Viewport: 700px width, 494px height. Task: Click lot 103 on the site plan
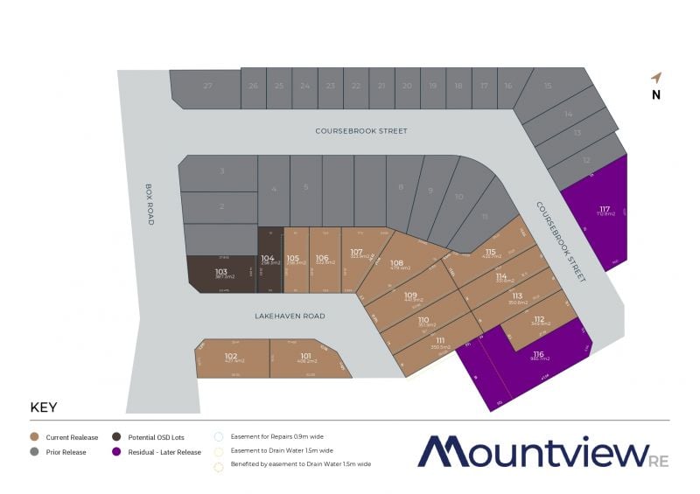tap(220, 274)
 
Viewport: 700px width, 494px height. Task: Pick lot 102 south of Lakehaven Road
tap(231, 358)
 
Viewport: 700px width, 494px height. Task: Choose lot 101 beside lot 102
tap(306, 358)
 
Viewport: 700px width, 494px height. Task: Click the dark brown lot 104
tap(269, 260)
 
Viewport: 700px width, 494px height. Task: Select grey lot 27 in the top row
tap(206, 87)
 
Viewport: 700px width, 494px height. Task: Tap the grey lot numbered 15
tap(548, 87)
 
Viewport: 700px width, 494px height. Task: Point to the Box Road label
tap(149, 204)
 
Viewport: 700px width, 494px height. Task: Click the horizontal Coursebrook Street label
tap(361, 131)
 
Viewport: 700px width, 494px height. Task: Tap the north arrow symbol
tap(655, 78)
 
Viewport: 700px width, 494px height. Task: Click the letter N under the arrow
tap(655, 96)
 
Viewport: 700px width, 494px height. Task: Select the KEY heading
tap(45, 407)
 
